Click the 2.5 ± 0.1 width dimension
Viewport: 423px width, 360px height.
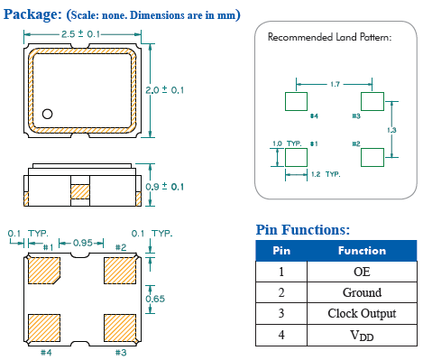[x=80, y=34]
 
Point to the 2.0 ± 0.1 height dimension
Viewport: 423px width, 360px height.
[x=164, y=90]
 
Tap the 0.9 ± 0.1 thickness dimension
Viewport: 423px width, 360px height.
[x=164, y=187]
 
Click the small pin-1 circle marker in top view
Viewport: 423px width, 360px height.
[x=47, y=114]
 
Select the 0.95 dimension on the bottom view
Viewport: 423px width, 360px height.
[x=83, y=243]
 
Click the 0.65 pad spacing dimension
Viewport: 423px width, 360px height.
[x=155, y=299]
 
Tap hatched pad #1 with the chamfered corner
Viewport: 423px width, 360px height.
[x=44, y=271]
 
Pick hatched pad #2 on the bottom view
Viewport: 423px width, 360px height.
[x=120, y=271]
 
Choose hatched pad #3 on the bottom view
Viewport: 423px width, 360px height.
[x=120, y=328]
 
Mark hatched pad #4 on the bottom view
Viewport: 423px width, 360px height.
[x=44, y=328]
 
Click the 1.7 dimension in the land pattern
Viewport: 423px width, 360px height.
[x=335, y=84]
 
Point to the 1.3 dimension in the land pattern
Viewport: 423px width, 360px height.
[x=391, y=130]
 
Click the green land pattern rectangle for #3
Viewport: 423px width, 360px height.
[x=372, y=101]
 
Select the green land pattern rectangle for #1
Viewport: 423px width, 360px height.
[x=296, y=157]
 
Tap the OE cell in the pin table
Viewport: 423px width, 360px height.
[x=362, y=272]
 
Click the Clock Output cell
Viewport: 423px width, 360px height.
[x=362, y=313]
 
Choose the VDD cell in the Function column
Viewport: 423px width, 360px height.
[x=362, y=335]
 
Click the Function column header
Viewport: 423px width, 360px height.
[x=362, y=251]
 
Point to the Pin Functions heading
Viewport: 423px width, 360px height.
[x=303, y=230]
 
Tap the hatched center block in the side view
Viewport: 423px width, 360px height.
[x=80, y=192]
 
